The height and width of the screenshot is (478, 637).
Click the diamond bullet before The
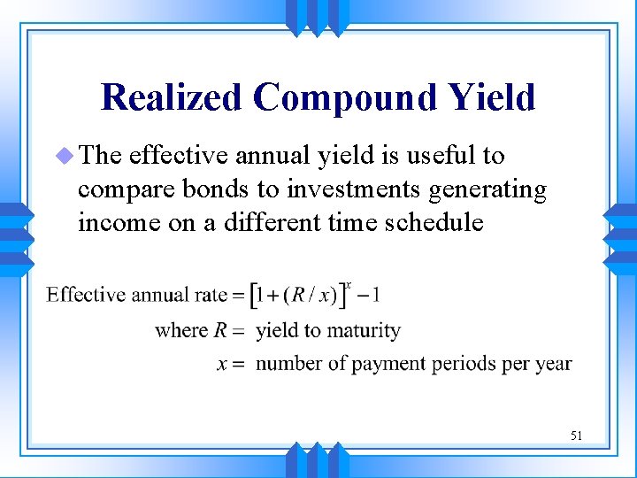coord(65,156)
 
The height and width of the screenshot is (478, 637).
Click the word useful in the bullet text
coord(436,156)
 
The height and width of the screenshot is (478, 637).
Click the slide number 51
coord(577,435)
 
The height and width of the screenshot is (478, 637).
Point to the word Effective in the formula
coord(86,295)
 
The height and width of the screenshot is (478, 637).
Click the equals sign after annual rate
coord(238,296)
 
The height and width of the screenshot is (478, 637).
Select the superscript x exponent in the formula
coord(349,284)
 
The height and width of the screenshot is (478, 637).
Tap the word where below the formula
coord(181,330)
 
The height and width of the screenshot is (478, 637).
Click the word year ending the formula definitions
coord(553,364)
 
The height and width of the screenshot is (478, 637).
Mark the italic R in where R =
coord(221,330)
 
